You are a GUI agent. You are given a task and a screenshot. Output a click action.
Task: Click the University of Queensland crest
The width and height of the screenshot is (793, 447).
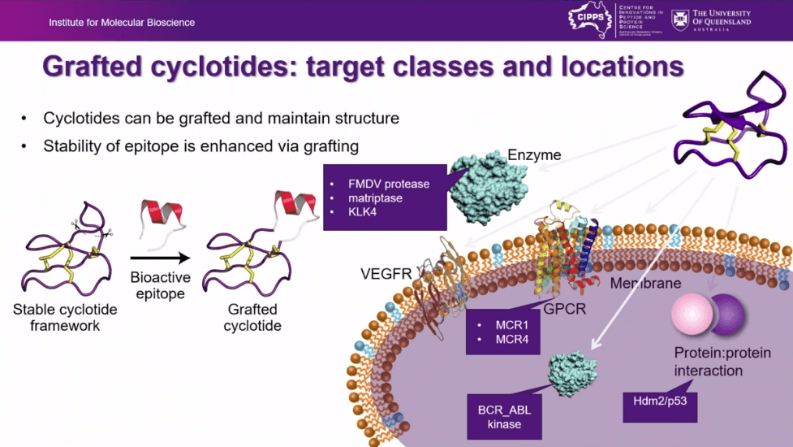pyautogui.click(x=679, y=19)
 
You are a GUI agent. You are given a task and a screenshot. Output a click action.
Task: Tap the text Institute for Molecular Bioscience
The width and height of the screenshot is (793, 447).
pyautogui.click(x=122, y=22)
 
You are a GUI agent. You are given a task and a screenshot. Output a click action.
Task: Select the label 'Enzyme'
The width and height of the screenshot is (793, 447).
pyautogui.click(x=534, y=154)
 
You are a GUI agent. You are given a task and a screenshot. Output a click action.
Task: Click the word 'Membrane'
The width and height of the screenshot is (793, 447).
pyautogui.click(x=645, y=283)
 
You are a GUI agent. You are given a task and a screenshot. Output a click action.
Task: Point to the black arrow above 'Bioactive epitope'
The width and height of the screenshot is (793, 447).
pyautogui.click(x=160, y=258)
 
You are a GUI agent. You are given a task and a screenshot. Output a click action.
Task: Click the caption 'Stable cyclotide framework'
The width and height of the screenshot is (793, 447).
pyautogui.click(x=65, y=318)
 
